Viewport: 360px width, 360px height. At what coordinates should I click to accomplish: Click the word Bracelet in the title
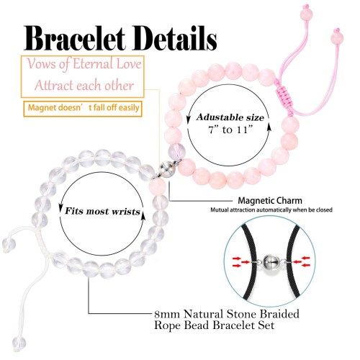(74, 39)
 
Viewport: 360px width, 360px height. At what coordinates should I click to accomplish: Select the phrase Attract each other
(84, 86)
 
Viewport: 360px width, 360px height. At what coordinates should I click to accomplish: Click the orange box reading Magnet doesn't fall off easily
(83, 109)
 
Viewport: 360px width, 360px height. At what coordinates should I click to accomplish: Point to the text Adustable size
(230, 117)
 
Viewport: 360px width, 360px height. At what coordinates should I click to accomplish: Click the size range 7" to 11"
(230, 130)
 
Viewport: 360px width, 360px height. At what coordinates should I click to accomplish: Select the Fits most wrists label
(102, 211)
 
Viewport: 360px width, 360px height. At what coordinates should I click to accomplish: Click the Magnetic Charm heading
(270, 200)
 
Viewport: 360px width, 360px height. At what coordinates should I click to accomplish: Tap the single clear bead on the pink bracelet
(176, 150)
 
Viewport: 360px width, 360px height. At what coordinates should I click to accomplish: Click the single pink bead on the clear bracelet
(157, 187)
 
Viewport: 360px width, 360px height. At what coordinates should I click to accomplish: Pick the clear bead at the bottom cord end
(19, 343)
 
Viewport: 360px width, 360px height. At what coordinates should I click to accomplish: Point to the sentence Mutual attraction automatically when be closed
(271, 210)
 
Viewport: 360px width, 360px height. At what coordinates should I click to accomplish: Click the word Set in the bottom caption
(266, 325)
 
